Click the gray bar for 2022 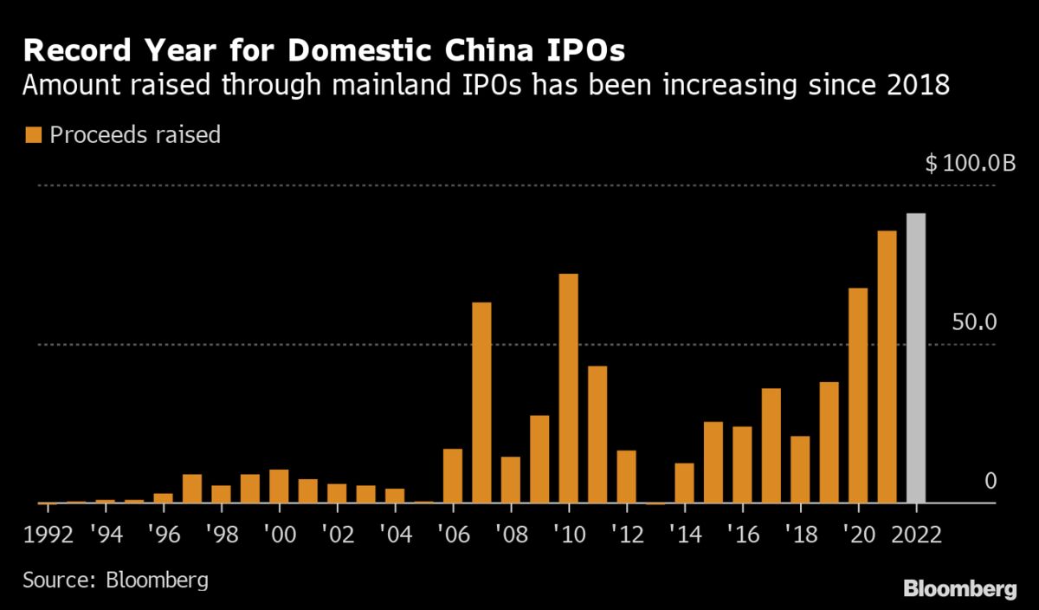point(915,358)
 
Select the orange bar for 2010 point(568,388)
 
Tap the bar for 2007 point(481,402)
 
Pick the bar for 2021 point(887,367)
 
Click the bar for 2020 point(858,395)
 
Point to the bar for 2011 point(597,434)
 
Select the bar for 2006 point(453,476)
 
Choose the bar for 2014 point(684,483)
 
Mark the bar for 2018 point(800,469)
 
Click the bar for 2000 point(279,486)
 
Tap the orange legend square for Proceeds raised point(34,135)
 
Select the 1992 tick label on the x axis point(48,532)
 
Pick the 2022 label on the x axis point(915,532)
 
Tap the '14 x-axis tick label point(684,532)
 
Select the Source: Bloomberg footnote point(115,579)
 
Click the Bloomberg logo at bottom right point(959,589)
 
